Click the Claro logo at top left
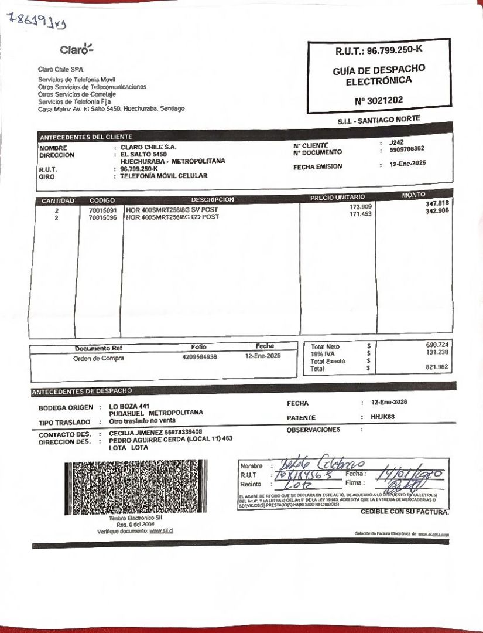click(76, 49)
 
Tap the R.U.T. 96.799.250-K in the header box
click(379, 51)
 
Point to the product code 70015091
click(102, 210)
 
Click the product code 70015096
click(102, 217)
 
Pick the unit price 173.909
click(361, 207)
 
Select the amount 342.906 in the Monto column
click(437, 210)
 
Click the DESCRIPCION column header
click(212, 200)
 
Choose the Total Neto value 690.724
click(437, 345)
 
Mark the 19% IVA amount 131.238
click(437, 352)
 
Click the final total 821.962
click(437, 367)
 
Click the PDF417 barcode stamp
click(136, 488)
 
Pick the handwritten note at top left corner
click(36, 21)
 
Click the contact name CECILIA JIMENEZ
click(134, 432)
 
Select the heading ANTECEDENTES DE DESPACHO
click(82, 391)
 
